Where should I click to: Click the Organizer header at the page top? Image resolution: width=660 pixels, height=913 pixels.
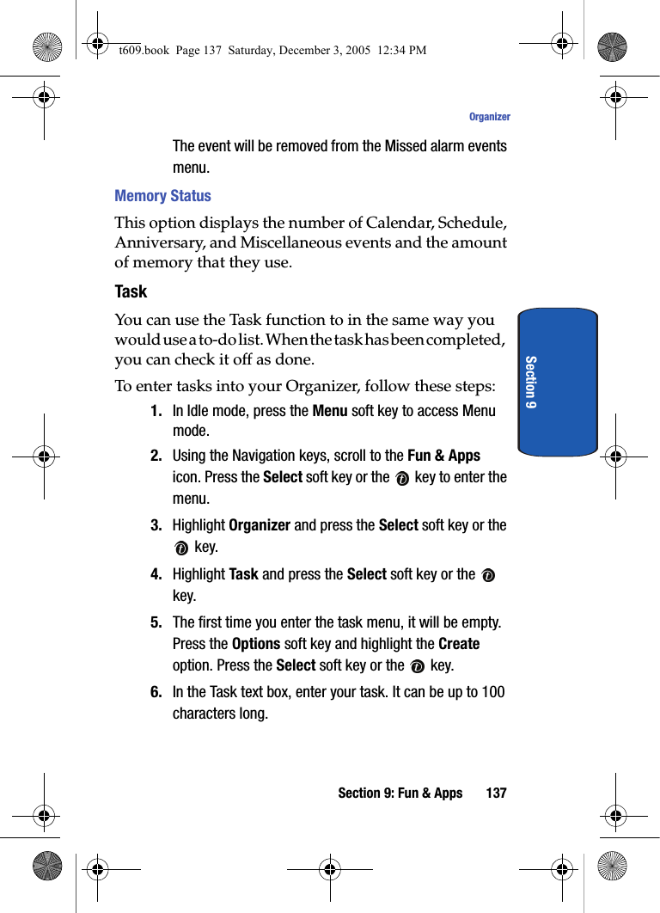tap(489, 117)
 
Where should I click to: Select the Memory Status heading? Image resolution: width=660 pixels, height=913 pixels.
tap(162, 196)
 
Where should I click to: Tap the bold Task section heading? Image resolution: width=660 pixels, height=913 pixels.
tap(131, 291)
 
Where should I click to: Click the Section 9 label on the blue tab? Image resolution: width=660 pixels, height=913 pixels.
tap(531, 382)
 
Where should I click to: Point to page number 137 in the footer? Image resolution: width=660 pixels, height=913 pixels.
tap(496, 793)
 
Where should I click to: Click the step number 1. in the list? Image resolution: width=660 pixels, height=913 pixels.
tap(156, 411)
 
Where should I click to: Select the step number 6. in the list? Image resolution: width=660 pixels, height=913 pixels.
tap(156, 692)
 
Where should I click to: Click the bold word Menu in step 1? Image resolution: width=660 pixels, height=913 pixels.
tap(330, 411)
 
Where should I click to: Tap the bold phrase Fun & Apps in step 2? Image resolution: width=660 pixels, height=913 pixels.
tap(443, 456)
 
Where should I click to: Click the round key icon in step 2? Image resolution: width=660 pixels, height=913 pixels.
tap(402, 479)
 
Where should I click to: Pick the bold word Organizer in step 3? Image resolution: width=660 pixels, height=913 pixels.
tap(260, 525)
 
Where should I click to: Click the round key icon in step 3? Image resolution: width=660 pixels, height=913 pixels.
tap(180, 548)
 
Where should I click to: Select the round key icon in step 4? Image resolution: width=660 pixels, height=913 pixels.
tap(488, 575)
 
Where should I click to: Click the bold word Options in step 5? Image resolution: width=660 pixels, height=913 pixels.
tap(256, 644)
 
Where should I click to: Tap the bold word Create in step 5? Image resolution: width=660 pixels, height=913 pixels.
tap(459, 644)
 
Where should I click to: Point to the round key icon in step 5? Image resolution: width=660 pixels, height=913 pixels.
tap(417, 666)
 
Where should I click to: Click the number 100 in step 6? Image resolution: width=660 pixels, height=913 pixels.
tap(492, 692)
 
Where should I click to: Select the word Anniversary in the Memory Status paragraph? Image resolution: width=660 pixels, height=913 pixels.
tap(159, 242)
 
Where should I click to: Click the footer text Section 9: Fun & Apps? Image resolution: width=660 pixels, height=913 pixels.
tap(400, 793)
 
